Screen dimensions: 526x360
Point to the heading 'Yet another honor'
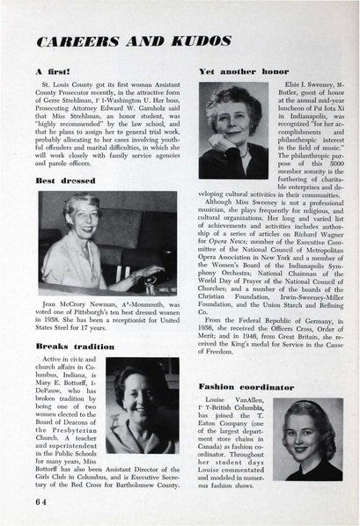tap(234, 69)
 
